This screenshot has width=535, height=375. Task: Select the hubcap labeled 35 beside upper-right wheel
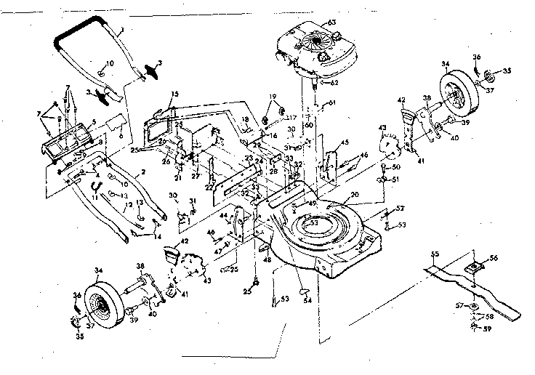(x=489, y=75)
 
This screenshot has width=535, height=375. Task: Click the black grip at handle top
(x=76, y=33)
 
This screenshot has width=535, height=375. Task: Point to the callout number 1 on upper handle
(x=123, y=28)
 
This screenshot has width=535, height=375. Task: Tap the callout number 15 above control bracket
(x=174, y=95)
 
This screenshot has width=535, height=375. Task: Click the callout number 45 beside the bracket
(x=345, y=142)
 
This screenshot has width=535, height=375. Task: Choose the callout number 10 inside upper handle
(x=110, y=64)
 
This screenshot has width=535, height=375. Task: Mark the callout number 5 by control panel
(x=93, y=121)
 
